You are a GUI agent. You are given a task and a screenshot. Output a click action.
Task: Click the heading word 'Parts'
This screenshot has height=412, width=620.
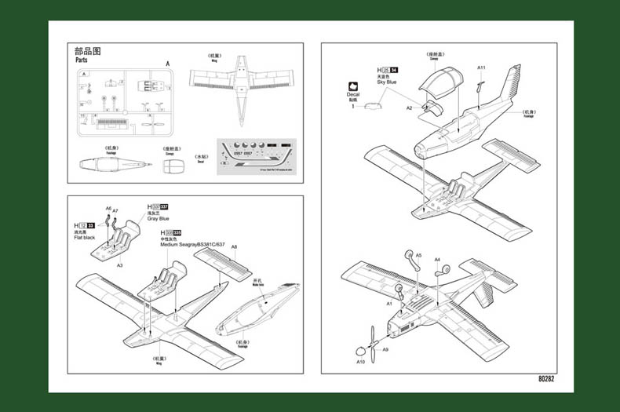[82, 60]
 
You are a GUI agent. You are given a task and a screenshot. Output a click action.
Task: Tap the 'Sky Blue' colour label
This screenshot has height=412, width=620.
[386, 82]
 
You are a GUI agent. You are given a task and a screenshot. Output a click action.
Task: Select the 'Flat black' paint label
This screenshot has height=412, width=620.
[84, 237]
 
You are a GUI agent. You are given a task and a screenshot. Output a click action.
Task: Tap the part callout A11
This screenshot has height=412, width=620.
[481, 67]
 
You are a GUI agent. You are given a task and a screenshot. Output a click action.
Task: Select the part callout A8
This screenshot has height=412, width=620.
[234, 246]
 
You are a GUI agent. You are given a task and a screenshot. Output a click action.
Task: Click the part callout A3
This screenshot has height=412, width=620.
[119, 266]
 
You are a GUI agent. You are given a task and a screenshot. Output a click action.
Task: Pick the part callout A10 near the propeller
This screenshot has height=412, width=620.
[361, 362]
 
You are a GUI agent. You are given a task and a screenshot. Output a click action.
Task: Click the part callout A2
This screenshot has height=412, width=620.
[409, 108]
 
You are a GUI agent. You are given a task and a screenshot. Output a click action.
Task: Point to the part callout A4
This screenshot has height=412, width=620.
[437, 259]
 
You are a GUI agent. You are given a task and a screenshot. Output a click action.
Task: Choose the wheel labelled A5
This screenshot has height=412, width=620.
[408, 256]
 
